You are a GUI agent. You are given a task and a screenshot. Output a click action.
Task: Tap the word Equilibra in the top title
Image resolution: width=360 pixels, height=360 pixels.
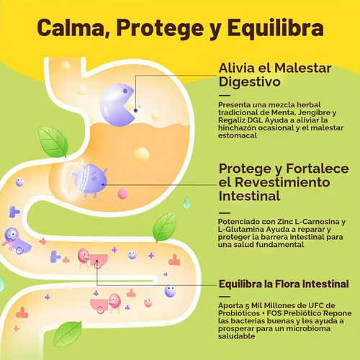point(275,29)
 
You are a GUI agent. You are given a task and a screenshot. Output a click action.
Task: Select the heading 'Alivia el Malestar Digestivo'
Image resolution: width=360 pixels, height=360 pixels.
point(275,75)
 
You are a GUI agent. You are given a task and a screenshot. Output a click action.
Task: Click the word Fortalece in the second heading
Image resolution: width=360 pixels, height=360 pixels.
point(318,168)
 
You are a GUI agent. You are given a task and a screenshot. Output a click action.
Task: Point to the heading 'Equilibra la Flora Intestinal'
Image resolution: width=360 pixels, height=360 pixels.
point(284,284)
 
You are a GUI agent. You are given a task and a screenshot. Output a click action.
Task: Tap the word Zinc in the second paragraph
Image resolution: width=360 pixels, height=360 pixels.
point(284,222)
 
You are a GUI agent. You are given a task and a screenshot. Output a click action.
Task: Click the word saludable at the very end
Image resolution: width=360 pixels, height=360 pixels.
point(236,336)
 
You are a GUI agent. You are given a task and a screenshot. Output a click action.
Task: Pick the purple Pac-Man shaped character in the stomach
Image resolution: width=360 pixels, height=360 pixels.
point(117,104)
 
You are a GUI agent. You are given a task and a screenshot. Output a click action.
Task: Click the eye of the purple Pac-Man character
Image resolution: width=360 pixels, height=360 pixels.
point(125,91)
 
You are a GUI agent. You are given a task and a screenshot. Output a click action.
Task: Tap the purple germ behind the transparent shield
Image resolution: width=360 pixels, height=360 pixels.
point(91,179)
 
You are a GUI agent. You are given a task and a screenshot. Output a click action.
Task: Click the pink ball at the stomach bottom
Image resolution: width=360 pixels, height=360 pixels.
point(122,194)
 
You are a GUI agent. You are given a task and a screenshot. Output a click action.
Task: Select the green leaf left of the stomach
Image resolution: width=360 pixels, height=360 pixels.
point(53,142)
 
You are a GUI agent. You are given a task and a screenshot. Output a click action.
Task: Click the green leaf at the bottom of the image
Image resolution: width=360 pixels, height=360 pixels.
point(68,334)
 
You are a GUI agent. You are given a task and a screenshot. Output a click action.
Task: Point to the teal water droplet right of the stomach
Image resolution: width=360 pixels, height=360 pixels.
point(186,203)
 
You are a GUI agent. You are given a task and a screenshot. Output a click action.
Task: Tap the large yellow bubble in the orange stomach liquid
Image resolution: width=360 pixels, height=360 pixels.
point(142,154)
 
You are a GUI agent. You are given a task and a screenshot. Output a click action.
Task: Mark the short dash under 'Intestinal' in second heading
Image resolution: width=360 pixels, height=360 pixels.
point(225,213)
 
